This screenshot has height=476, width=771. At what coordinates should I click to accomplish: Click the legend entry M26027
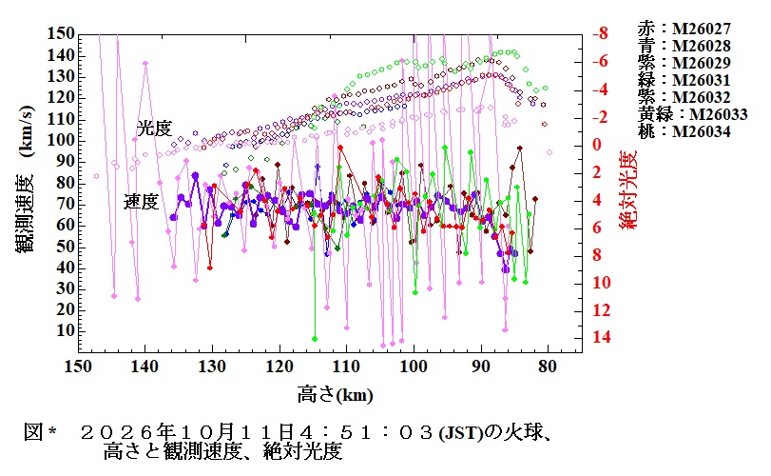click(x=684, y=29)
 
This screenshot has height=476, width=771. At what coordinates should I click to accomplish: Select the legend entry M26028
click(x=684, y=46)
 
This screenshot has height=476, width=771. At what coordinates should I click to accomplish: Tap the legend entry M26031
click(x=684, y=80)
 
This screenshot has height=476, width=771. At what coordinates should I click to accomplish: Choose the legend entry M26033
click(x=692, y=114)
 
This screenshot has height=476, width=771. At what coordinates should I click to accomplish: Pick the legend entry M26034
click(x=684, y=132)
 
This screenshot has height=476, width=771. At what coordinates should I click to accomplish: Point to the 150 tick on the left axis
click(x=61, y=34)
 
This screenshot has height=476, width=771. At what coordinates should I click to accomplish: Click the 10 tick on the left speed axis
click(x=66, y=330)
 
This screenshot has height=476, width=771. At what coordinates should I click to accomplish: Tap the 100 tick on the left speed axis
click(x=61, y=140)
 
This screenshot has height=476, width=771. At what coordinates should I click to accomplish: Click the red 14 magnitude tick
click(x=602, y=337)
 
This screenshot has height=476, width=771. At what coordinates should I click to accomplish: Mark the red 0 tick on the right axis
click(x=597, y=145)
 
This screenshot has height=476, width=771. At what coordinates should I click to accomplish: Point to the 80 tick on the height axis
click(x=548, y=367)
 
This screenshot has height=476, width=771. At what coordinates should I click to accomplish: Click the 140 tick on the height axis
click(x=145, y=367)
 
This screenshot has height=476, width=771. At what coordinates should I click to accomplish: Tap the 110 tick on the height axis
click(x=347, y=367)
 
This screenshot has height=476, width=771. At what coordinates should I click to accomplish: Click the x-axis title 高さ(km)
click(x=336, y=395)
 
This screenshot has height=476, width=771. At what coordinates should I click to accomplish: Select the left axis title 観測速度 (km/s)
click(x=26, y=179)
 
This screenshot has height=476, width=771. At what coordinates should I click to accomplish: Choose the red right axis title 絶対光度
click(x=627, y=189)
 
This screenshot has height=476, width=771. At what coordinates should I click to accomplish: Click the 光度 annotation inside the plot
click(x=154, y=129)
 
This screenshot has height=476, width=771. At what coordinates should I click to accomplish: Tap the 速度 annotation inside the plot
click(x=141, y=201)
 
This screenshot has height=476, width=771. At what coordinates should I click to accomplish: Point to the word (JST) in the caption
click(x=461, y=433)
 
